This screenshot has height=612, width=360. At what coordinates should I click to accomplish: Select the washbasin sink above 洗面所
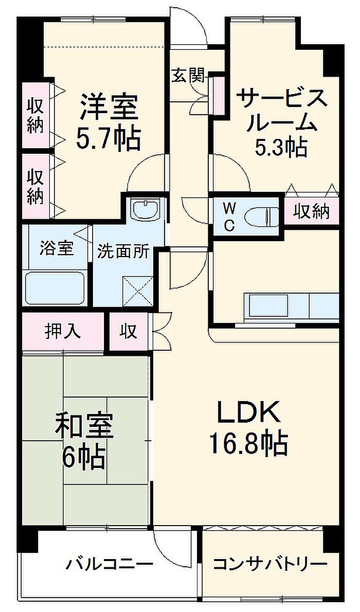click(x=145, y=209)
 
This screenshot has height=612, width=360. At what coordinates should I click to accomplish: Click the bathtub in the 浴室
click(x=55, y=287)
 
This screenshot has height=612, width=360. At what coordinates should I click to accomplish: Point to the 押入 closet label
click(x=62, y=331)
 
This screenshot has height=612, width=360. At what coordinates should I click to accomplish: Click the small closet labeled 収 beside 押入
click(x=128, y=331)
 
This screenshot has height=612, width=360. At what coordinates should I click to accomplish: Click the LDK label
click(x=249, y=412)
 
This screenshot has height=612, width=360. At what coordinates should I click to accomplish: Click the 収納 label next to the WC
click(x=312, y=211)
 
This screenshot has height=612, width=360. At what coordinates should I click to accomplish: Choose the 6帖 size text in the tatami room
click(x=84, y=457)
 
